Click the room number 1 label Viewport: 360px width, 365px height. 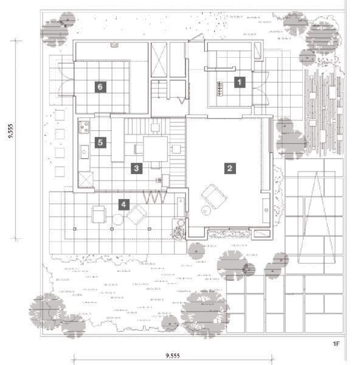pos(240,82)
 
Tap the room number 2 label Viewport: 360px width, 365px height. pos(230,169)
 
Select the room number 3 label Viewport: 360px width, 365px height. pos(136,169)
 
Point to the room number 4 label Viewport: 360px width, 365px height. pos(124,204)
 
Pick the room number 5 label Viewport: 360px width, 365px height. pos(100,142)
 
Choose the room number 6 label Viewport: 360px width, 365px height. pos(100,87)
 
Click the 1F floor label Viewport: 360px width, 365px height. pos(336,344)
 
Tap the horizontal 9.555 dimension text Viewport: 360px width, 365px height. pos(173,355)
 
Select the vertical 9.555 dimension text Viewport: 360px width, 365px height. pos(11,131)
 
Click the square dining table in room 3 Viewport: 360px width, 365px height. pos(155,149)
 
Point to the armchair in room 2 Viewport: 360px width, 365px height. pos(214,196)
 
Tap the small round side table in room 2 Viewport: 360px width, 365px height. pos(206,211)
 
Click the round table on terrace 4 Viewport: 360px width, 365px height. pos(117,220)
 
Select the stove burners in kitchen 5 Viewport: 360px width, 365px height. pos(84,127)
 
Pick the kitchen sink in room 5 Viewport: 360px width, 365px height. pos(84,151)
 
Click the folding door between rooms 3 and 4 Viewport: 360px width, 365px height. pos(154,197)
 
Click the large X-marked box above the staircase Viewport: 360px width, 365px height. pos(159,60)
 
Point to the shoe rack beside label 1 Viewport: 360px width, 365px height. pos(220,88)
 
